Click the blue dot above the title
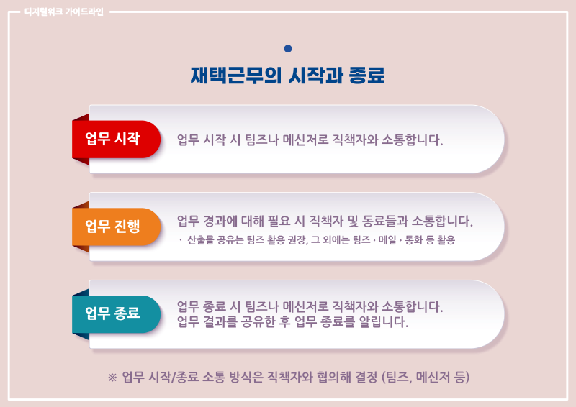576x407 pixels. [288, 48]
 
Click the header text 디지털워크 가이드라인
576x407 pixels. [64, 12]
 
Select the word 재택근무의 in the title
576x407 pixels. [236, 76]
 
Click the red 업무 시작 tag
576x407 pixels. [116, 139]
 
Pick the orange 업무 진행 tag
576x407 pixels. [116, 227]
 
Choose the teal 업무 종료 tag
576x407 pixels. [116, 314]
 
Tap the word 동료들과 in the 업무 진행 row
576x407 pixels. [385, 221]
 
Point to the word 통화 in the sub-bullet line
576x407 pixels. [413, 240]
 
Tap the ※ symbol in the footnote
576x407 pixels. [112, 378]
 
